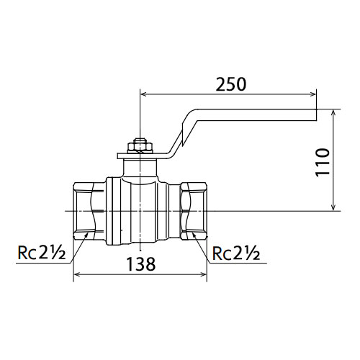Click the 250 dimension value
[231, 84]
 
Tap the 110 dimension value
[322, 163]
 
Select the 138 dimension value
[141, 264]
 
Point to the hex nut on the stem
[140, 147]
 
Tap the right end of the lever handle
[316, 115]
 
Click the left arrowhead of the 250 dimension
[143, 94]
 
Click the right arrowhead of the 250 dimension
[313, 94]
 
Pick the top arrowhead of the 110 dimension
[333, 113]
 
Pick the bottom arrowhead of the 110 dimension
[333, 207]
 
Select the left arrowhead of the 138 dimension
[76, 274]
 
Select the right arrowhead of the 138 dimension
[203, 274]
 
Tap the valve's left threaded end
[89, 211]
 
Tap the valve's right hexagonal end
[193, 211]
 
